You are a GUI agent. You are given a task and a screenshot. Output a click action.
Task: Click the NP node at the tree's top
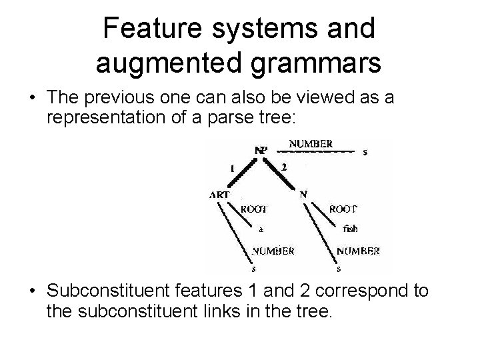click(x=261, y=150)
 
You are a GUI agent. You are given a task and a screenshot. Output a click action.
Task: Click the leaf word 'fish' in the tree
click(x=350, y=229)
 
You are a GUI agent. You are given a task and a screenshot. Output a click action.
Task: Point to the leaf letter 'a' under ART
click(x=261, y=228)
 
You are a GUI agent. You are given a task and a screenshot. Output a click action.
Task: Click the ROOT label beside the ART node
click(x=254, y=208)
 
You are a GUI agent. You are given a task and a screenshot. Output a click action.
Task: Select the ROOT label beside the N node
click(x=343, y=208)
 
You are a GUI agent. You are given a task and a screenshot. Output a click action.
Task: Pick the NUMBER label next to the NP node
click(x=311, y=143)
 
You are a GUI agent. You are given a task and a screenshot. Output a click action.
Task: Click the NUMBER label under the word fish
click(x=358, y=251)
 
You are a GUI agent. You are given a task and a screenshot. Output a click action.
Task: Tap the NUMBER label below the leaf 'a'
click(x=273, y=251)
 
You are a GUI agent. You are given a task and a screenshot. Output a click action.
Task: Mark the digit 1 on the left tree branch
click(x=231, y=169)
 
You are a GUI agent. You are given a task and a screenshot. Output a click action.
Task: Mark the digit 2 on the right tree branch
click(x=283, y=167)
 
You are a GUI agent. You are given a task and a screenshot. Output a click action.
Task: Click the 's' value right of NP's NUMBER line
click(x=365, y=152)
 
